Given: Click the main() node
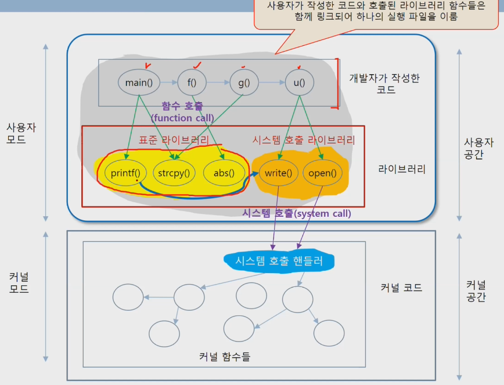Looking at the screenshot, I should pos(139,82).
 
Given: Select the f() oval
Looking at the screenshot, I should pos(192,82).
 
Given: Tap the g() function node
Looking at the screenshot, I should pos(244,82).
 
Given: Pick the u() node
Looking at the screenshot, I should pos(299,82).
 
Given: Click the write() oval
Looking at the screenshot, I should pos(278,172).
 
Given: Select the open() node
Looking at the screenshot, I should pos(322,172).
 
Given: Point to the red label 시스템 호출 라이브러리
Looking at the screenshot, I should pos(304,140).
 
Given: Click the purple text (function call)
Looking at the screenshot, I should pos(182,118).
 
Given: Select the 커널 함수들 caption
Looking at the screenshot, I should pos(224,357).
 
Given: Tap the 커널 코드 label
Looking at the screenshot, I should pos(401,288).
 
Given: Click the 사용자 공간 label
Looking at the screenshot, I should pos(478,148).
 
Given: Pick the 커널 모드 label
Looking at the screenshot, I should pos(18,281).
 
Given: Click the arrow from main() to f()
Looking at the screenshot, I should pos(168,82).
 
